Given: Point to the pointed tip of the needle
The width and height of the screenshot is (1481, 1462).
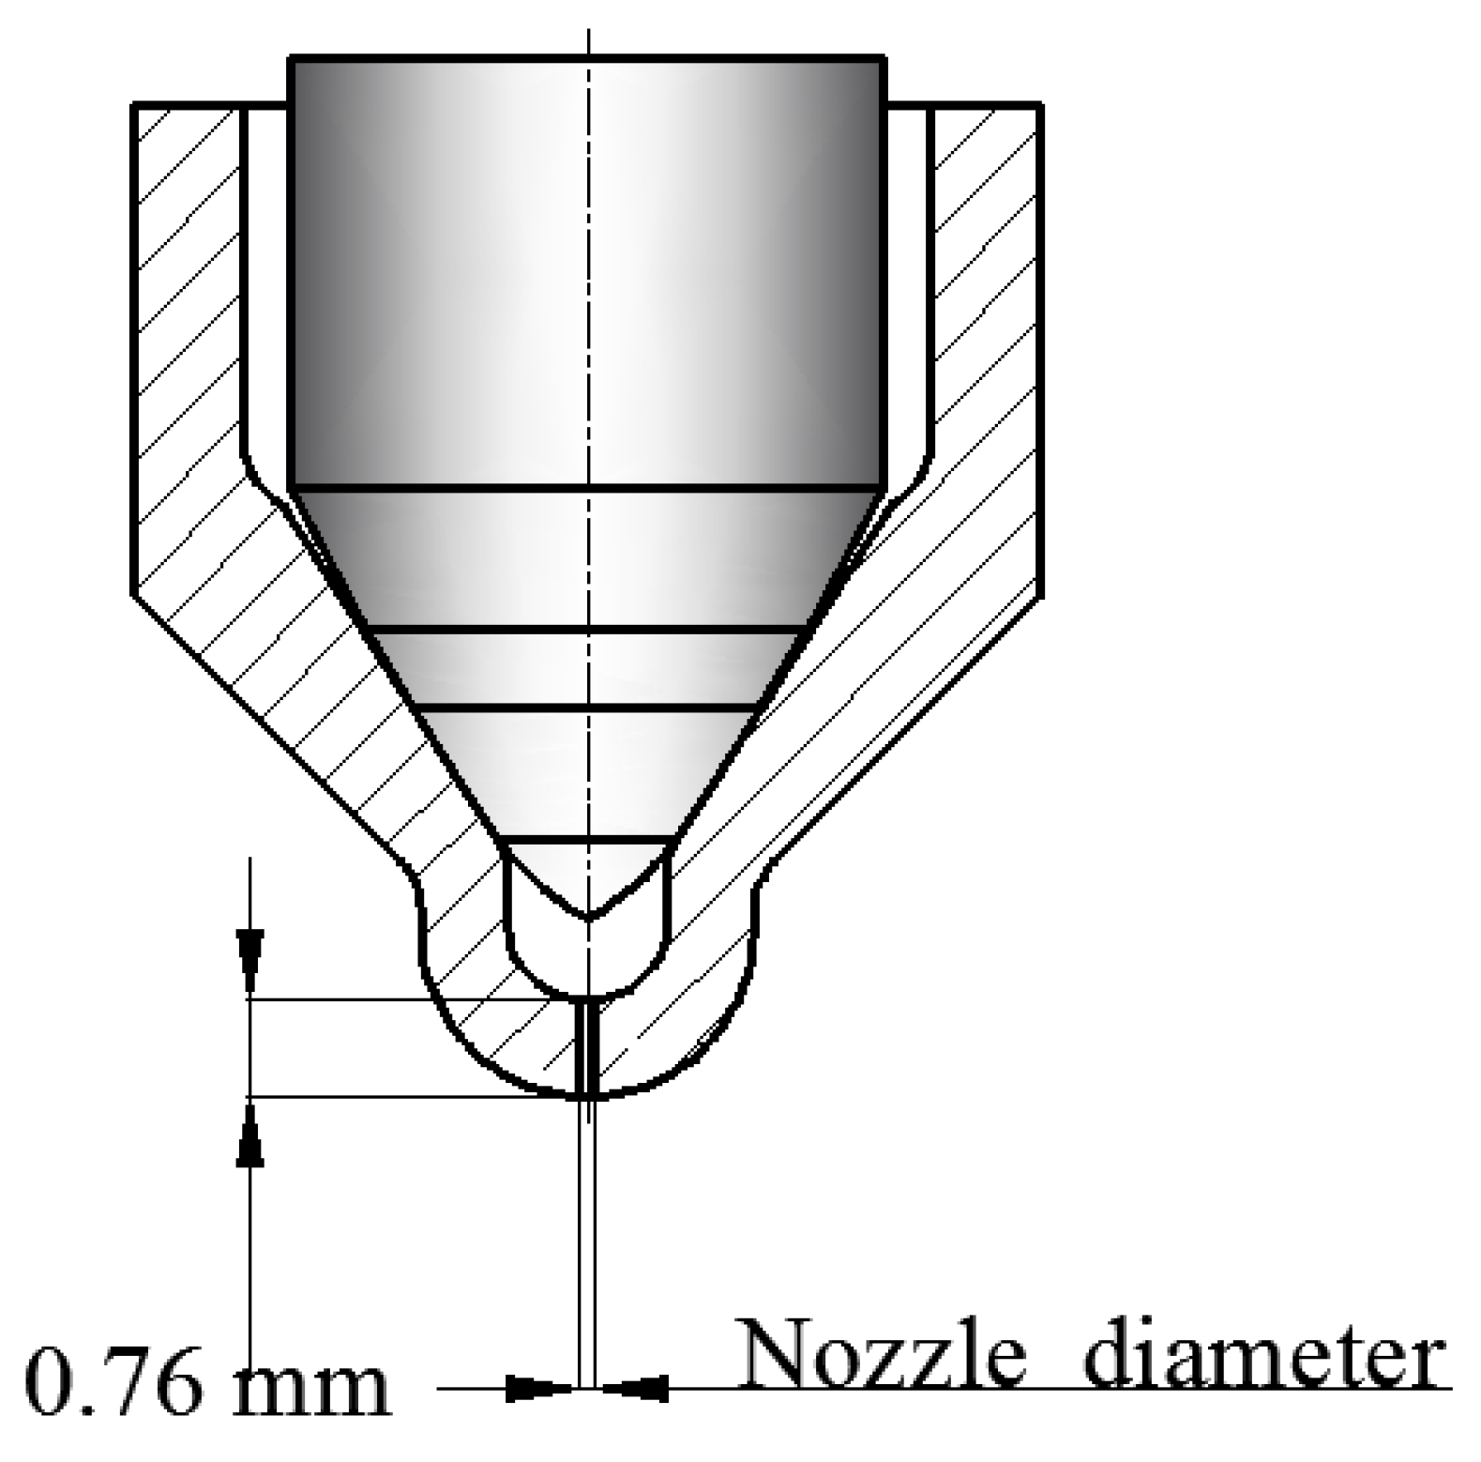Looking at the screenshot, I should point(588,915).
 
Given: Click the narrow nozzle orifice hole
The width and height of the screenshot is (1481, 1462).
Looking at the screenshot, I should point(588,1046).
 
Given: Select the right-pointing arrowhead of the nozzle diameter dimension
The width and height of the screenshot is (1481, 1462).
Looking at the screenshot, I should point(538,1388).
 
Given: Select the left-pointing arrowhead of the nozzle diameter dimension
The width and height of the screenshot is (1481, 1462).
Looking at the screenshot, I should point(636,1388).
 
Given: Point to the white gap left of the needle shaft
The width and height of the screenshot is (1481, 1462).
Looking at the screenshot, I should point(266,282).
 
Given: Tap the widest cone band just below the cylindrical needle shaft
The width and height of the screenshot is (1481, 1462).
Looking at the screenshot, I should point(588,558).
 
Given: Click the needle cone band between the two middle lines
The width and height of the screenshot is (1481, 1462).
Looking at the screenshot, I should point(588,667).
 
